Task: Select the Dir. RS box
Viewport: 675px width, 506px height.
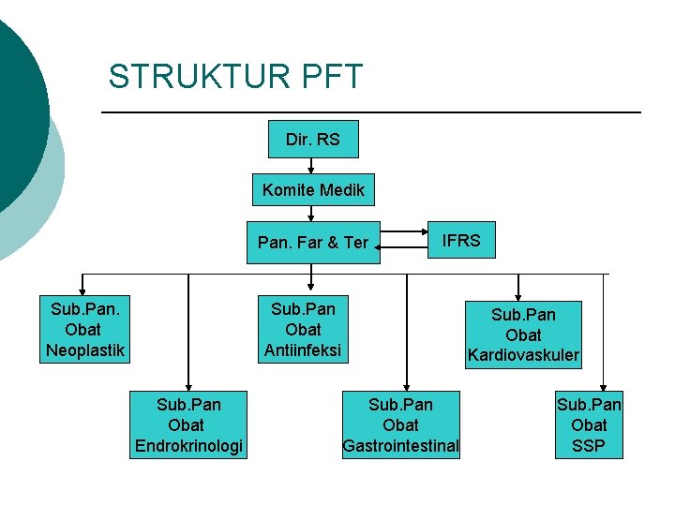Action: (x=312, y=140)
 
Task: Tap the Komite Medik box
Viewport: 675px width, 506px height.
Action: (x=313, y=190)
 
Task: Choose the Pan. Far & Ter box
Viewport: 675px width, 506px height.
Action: (x=313, y=243)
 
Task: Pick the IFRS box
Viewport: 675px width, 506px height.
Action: (x=461, y=241)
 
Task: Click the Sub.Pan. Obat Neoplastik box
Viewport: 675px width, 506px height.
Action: (x=83, y=330)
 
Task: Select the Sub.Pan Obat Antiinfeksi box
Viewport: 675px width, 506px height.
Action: (x=303, y=330)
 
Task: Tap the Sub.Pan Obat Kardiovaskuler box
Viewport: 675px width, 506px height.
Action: (x=523, y=335)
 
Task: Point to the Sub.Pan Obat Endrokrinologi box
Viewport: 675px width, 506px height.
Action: (x=188, y=424)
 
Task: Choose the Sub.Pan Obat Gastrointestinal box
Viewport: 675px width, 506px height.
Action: (x=401, y=424)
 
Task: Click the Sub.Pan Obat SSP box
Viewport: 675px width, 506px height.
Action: (x=589, y=424)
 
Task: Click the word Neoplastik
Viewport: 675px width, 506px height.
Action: (x=83, y=351)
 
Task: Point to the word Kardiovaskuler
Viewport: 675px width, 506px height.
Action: (x=523, y=356)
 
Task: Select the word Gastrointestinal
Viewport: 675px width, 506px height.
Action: (x=401, y=446)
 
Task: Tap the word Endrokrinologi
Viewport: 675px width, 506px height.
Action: (x=188, y=446)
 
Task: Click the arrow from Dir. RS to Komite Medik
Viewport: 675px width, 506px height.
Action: (x=311, y=166)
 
